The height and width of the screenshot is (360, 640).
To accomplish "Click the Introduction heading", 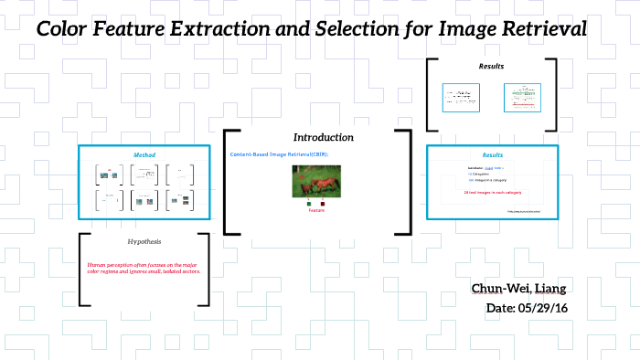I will click(323, 137).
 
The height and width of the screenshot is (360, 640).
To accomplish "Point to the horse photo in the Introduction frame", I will click(315, 181).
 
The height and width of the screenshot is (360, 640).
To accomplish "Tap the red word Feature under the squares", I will click(315, 211).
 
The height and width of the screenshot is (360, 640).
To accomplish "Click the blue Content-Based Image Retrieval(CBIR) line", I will click(271, 154).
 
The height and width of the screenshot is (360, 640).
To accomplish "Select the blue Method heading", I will click(144, 154).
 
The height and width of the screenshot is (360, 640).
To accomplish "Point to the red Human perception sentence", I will click(144, 268).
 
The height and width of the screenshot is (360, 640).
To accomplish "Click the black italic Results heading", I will click(491, 67).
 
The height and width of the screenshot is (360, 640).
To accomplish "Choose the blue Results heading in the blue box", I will click(491, 155).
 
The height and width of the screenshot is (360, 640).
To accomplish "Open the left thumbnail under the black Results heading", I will click(461, 98).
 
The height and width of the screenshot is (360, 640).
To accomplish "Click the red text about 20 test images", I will click(491, 193).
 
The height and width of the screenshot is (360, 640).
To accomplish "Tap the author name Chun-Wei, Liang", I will click(518, 290).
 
